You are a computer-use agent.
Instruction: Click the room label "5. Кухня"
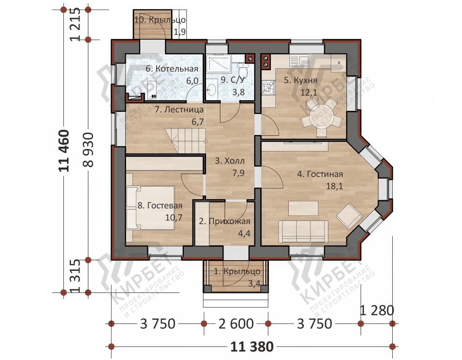click(x=301, y=80)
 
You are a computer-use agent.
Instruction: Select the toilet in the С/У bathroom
click(x=243, y=70)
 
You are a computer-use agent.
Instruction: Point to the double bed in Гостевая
click(x=150, y=207)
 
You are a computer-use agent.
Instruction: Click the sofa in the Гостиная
click(x=304, y=232)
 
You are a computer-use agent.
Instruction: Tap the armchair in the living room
click(x=349, y=216)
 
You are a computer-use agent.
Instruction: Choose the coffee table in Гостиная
click(x=304, y=208)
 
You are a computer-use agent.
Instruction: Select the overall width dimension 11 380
click(x=252, y=347)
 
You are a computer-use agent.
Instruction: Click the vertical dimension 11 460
click(x=64, y=151)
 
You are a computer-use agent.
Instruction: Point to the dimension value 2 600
click(x=236, y=324)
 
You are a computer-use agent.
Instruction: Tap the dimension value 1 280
click(x=377, y=311)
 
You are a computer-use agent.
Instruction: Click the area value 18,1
click(x=334, y=186)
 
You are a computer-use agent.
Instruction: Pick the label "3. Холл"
click(x=230, y=161)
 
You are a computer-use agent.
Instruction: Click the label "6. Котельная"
click(x=172, y=69)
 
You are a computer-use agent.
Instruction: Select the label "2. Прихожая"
click(x=225, y=221)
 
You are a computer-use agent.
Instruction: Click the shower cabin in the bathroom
click(x=219, y=64)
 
